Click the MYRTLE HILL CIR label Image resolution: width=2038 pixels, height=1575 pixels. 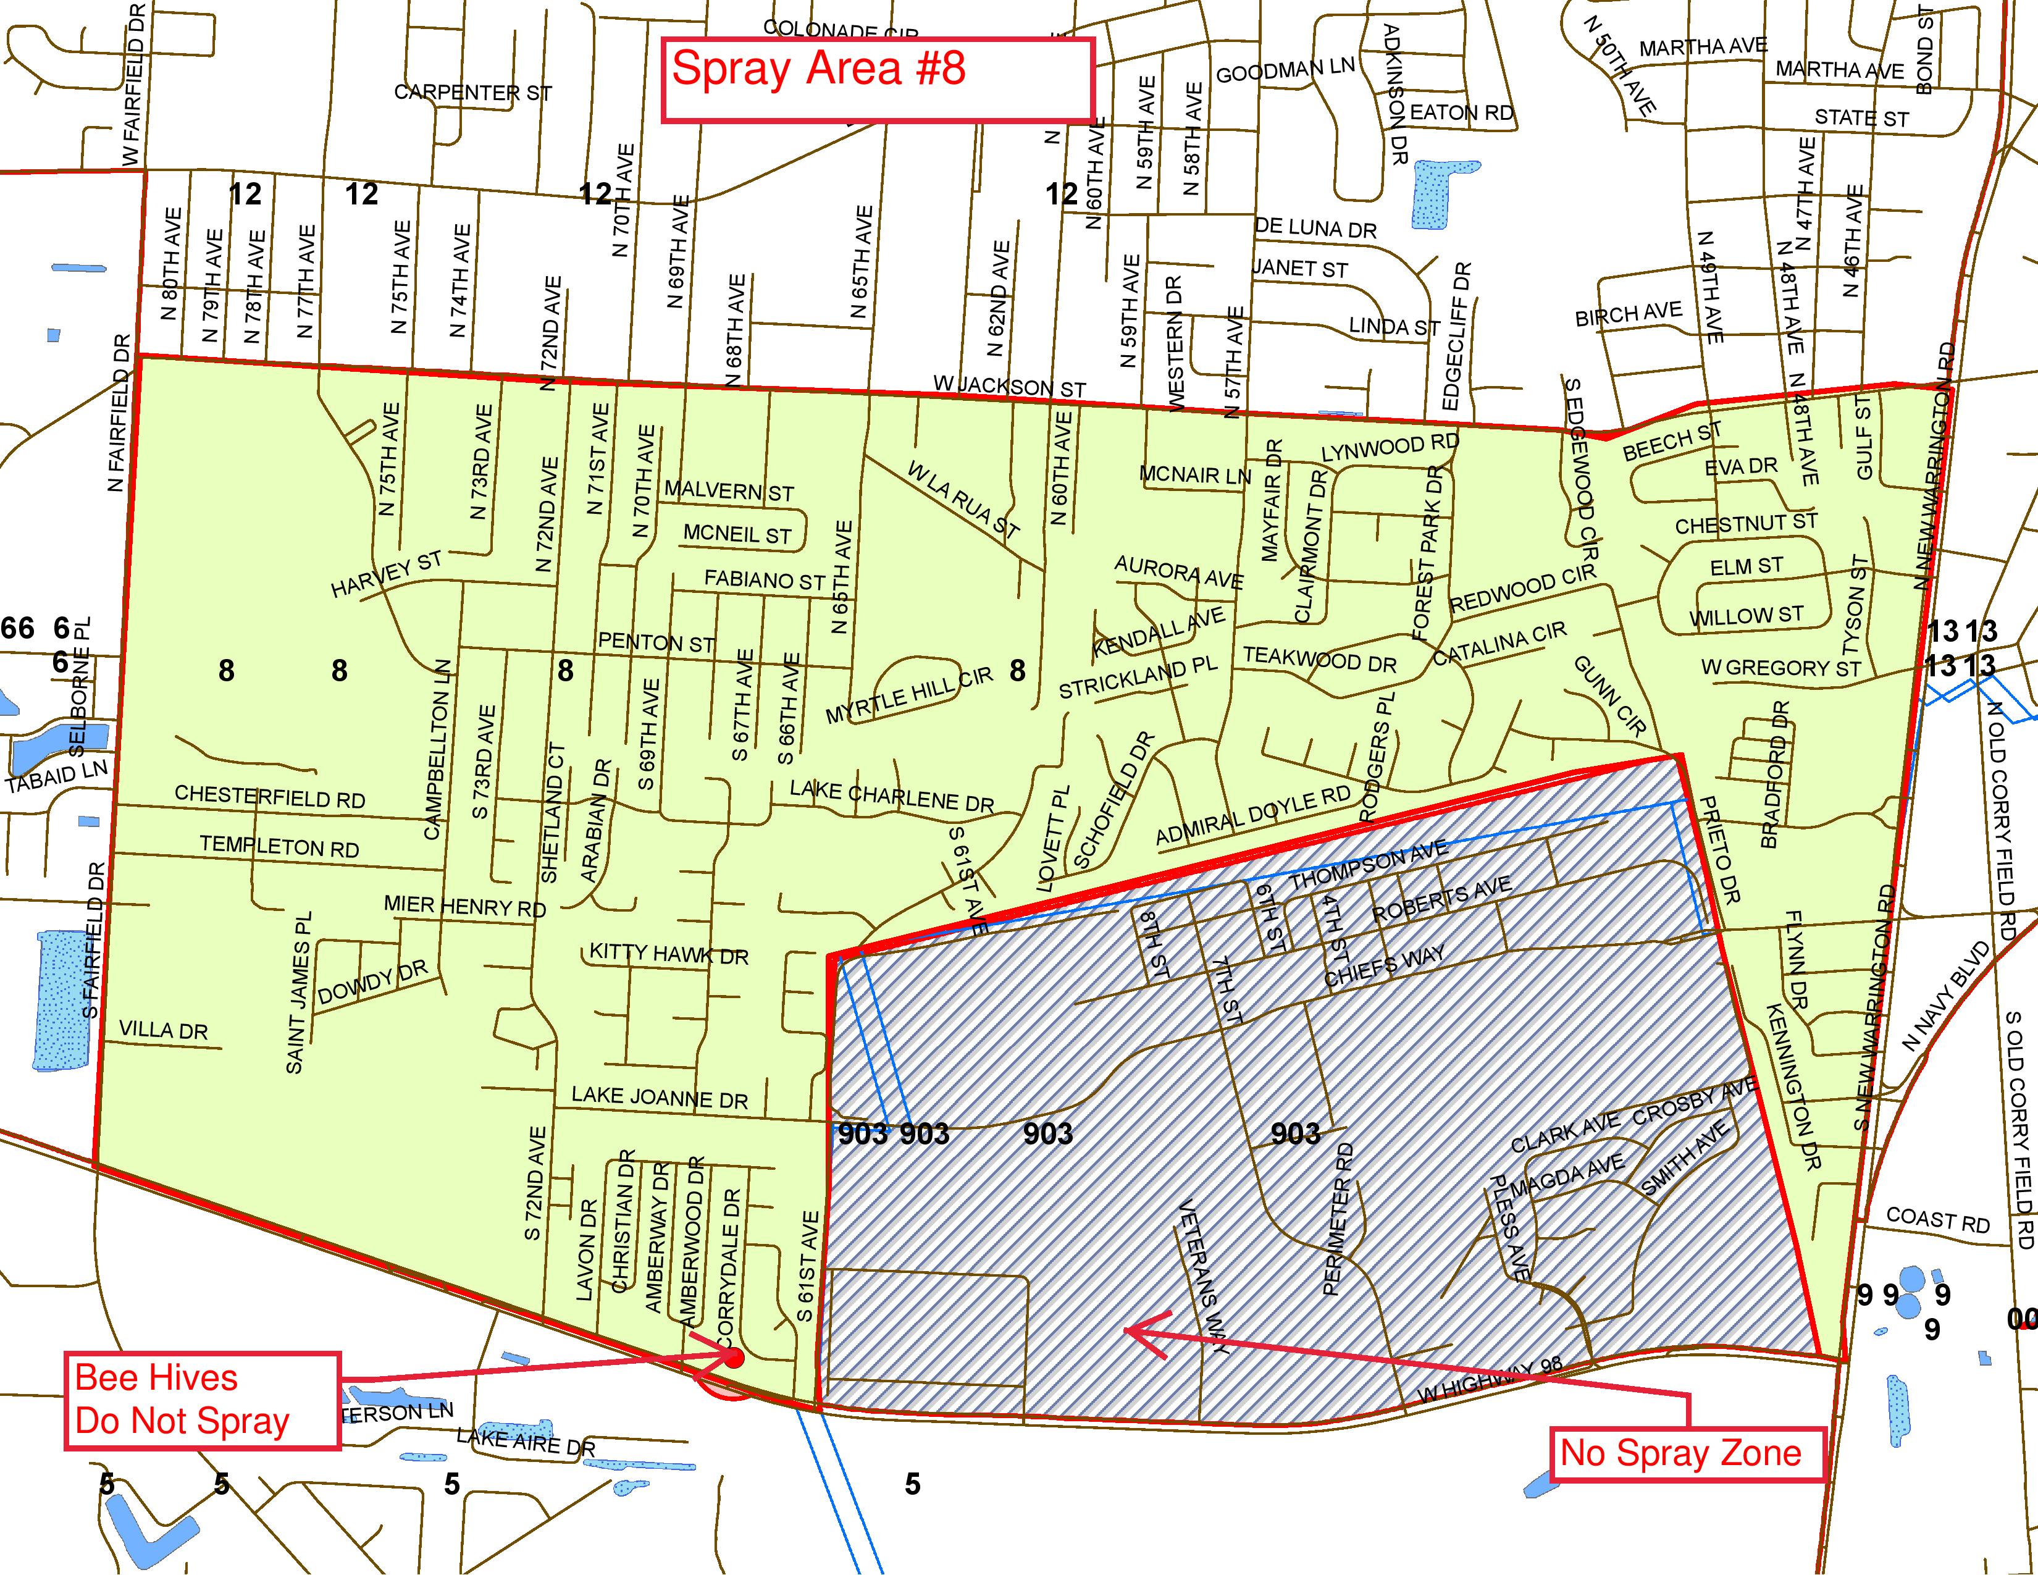point(909,695)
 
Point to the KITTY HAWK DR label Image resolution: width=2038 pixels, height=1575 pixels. point(668,954)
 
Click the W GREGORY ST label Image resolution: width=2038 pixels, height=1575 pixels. point(1780,668)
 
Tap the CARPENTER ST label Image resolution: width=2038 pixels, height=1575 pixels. point(472,93)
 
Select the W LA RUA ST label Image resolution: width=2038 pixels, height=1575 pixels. point(962,500)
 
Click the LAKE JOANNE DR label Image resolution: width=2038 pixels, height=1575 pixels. point(659,1098)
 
